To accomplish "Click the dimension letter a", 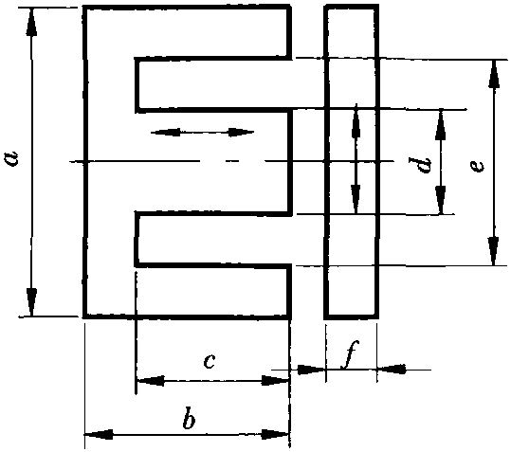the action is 13,159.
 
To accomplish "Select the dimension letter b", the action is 189,418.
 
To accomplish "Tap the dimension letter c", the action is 210,361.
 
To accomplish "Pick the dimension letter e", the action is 477,167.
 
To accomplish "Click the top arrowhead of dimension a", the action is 31,21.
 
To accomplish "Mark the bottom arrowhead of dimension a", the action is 31,302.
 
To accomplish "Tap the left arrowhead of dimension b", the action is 99,434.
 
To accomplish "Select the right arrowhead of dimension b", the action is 275,434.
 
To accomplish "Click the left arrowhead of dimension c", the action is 151,380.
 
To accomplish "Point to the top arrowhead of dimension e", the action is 494,74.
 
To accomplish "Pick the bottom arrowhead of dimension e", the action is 494,251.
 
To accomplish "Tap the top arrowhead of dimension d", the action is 441,124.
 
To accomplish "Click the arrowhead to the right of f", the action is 392,370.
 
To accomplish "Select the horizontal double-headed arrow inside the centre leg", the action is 202,133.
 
